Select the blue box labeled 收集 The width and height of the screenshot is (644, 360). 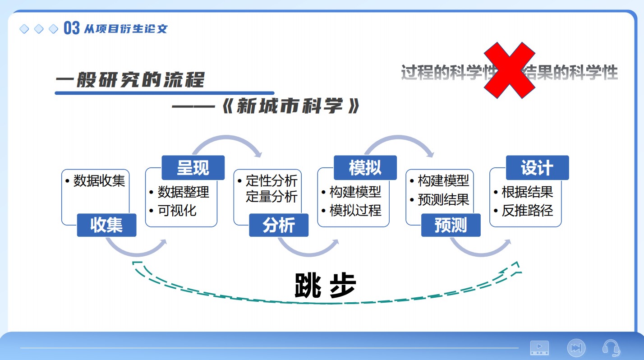(106, 225)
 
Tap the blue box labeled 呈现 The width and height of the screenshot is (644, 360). (193, 168)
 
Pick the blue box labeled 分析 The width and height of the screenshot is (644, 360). (279, 225)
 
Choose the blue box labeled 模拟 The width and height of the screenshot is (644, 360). (365, 168)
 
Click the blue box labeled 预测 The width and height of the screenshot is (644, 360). (451, 225)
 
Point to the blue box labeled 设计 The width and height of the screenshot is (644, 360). (537, 168)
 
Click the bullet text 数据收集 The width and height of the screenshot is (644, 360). (99, 181)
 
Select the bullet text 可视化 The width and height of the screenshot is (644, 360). (177, 210)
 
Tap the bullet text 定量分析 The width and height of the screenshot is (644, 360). (271, 197)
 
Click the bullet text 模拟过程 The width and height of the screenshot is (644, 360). (355, 210)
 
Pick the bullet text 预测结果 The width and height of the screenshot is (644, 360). (444, 199)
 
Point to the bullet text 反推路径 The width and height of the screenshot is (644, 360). (527, 210)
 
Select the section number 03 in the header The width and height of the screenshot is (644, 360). (72, 28)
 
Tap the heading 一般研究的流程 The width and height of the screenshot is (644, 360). (130, 80)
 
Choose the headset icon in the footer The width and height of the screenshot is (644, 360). (611, 348)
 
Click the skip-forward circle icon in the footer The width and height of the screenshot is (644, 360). (575, 348)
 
